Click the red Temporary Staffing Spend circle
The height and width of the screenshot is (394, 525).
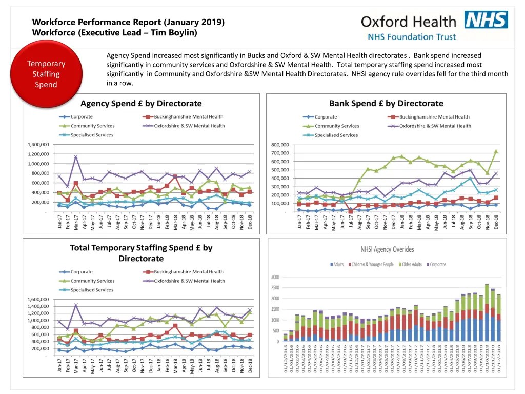click(46, 74)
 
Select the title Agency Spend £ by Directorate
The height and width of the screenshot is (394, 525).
click(141, 104)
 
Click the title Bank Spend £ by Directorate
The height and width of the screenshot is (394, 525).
click(386, 104)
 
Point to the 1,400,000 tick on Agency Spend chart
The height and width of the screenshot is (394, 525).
click(38, 145)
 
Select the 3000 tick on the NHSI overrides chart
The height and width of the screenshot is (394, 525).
click(274, 277)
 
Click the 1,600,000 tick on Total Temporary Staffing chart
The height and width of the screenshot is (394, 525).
click(38, 299)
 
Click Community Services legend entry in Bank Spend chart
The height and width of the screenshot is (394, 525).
click(336, 126)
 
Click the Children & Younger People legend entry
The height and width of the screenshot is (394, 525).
click(371, 264)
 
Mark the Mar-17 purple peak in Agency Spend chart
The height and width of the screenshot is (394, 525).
click(76, 157)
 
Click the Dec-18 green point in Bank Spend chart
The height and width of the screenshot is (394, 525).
click(496, 151)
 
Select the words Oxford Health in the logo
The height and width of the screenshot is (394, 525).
click(408, 22)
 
